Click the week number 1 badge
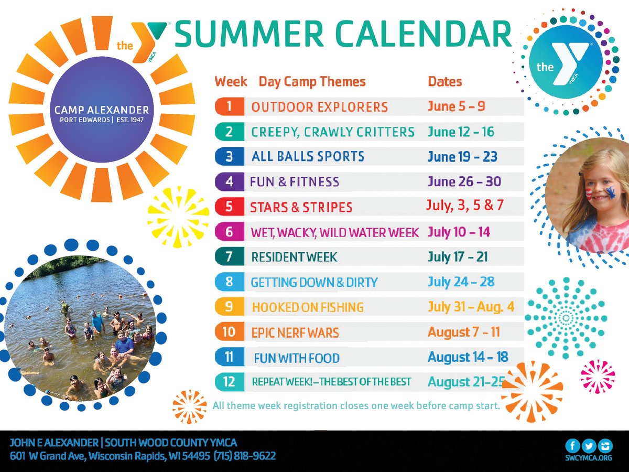coord(229,106)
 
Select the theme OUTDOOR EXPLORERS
coord(319,107)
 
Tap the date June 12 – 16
coord(460,132)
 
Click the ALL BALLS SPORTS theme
coord(308,156)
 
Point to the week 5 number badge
coord(229,207)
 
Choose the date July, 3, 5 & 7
coord(465,205)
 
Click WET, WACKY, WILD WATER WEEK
coord(335,232)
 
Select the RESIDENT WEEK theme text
coord(294,257)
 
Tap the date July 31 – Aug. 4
coord(471,307)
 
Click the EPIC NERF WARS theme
coord(295,332)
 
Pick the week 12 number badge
coord(229,381)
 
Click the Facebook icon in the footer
coord(572,446)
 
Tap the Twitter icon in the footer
coord(589,446)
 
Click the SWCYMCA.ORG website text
coord(589,458)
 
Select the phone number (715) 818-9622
coord(244,456)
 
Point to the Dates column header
coord(445,82)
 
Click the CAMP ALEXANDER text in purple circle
coord(102,110)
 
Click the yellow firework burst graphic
coord(171,216)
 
